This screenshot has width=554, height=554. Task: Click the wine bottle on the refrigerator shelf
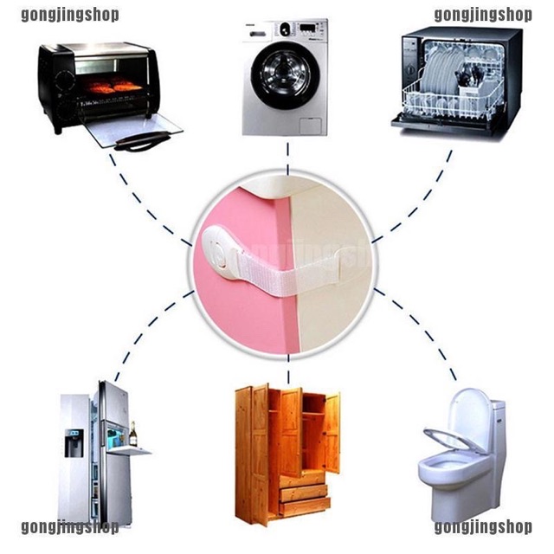132,434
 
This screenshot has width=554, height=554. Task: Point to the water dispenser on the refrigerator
74,443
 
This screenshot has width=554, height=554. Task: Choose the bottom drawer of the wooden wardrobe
305,507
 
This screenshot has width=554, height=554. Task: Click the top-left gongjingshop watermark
70,15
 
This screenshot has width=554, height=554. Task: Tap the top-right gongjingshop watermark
483,15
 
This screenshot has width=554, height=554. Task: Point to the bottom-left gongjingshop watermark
70,527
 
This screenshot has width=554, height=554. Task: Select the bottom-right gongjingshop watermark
483,527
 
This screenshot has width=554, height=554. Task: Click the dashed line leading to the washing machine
288,158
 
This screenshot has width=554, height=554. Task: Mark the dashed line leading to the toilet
415,334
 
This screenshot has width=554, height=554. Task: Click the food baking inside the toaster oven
113,87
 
